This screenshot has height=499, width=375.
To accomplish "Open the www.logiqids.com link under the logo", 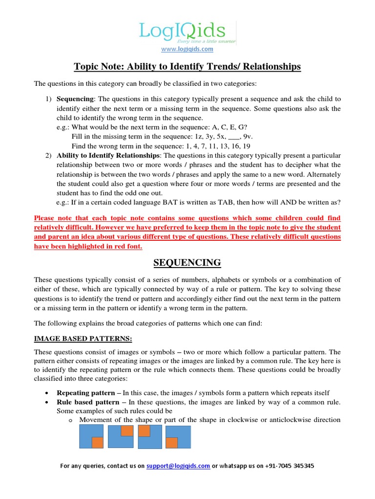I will pos(187,49).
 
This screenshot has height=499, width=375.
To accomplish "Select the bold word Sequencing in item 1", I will pos(75,99).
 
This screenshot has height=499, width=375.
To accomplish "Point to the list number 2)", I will pos(48,155).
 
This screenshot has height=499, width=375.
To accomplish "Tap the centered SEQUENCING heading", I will pos(187,263).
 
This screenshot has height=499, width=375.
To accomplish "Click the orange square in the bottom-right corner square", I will pos(97,442).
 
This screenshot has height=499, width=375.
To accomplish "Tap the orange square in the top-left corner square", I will pos(144,431).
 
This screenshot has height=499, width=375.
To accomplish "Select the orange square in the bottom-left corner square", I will pos(171,442).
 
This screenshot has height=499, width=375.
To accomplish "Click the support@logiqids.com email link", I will pos(178,466).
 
